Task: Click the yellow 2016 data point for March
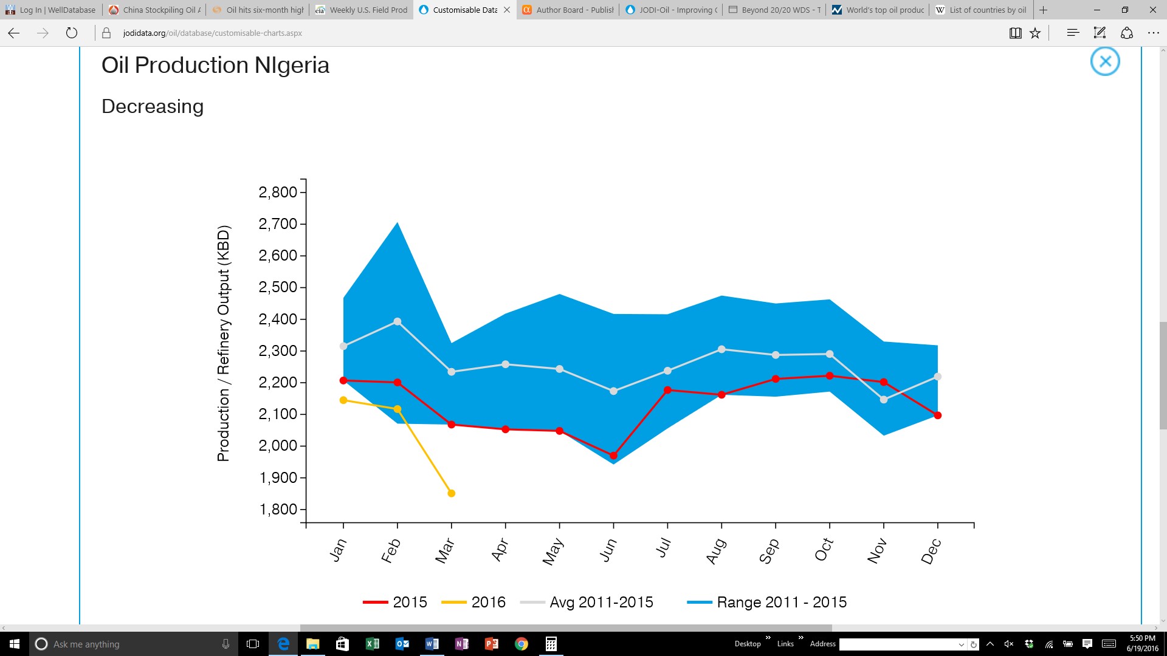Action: (x=451, y=493)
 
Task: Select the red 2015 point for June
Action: (x=613, y=456)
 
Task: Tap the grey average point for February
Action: (x=398, y=321)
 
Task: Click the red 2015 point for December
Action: (x=938, y=415)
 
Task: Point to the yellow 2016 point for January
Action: (x=343, y=400)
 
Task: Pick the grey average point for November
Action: (x=884, y=400)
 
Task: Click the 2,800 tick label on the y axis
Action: (x=278, y=193)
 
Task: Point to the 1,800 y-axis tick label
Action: (x=278, y=510)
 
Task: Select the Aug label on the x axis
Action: (x=716, y=551)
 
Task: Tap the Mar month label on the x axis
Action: (x=446, y=550)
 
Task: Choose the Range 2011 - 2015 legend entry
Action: (x=767, y=602)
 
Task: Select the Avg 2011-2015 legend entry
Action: (x=587, y=602)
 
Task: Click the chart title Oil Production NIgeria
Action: (x=215, y=65)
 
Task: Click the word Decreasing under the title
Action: (x=153, y=106)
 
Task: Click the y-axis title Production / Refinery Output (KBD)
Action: (x=224, y=344)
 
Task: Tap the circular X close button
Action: (x=1105, y=61)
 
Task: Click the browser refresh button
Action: (x=72, y=33)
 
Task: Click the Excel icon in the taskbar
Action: (x=372, y=644)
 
